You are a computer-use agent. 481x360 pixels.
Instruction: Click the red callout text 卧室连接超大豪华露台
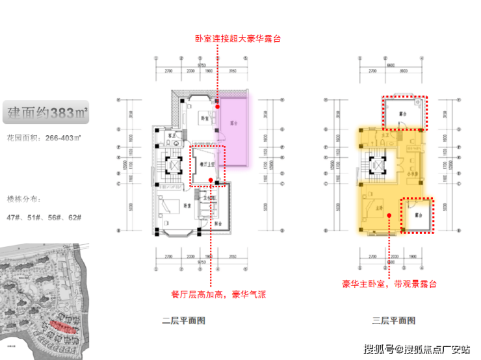coord(239,38)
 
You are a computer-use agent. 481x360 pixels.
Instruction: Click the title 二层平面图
coord(184,320)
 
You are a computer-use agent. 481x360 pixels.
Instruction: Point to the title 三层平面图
coord(394,320)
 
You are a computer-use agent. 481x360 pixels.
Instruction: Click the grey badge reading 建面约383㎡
coord(45,112)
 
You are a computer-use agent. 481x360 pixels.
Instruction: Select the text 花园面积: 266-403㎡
coord(44,138)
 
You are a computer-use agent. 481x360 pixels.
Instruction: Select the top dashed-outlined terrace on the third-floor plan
coord(404,112)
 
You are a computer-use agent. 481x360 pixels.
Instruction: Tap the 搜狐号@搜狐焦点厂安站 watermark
coord(417,349)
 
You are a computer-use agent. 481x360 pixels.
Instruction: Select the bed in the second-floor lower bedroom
coord(173,205)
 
